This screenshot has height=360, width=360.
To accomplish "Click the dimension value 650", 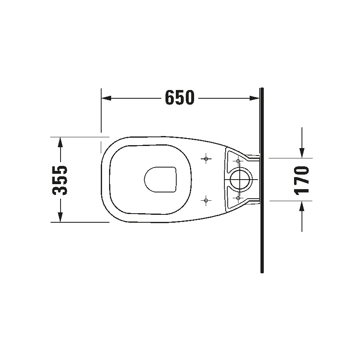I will [180, 98].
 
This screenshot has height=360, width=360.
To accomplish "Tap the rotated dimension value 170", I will [302, 180].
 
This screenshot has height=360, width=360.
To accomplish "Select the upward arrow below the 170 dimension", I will [302, 206].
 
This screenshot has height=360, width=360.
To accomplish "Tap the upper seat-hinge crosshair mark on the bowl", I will [206, 158].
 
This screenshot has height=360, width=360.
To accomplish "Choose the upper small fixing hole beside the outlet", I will [238, 161].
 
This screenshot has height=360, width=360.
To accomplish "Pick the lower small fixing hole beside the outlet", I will [238, 198].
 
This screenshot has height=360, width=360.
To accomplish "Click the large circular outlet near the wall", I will [240, 180].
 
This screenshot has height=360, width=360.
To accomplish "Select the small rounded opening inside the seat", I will [161, 180].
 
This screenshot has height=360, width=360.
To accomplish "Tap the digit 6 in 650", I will [170, 98].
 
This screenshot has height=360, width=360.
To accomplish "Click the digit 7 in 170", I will [302, 180].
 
